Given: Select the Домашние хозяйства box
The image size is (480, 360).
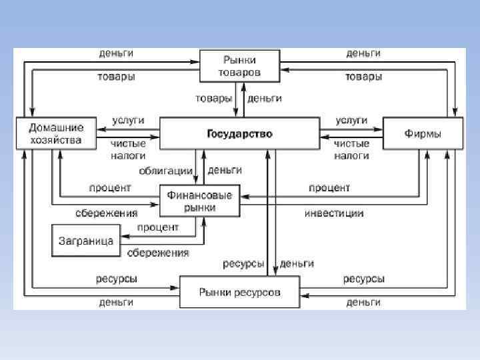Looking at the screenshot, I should tap(56, 133).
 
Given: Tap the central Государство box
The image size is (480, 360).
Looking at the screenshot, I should tap(240, 133).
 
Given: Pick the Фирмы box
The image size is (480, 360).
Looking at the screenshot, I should tap(423, 133).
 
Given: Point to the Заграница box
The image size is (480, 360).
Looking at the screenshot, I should tap(86, 239).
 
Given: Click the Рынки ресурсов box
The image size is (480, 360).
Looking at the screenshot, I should tap(241, 292).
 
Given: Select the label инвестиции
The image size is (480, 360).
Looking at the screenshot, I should tap(334, 213).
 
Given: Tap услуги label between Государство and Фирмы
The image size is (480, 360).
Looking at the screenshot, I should tap(351, 120).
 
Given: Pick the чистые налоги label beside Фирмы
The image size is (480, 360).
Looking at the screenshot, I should tap(351, 149).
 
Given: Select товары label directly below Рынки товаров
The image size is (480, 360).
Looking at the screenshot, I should tap(213, 98).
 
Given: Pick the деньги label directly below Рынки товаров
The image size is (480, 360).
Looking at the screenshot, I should tap(265, 98).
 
